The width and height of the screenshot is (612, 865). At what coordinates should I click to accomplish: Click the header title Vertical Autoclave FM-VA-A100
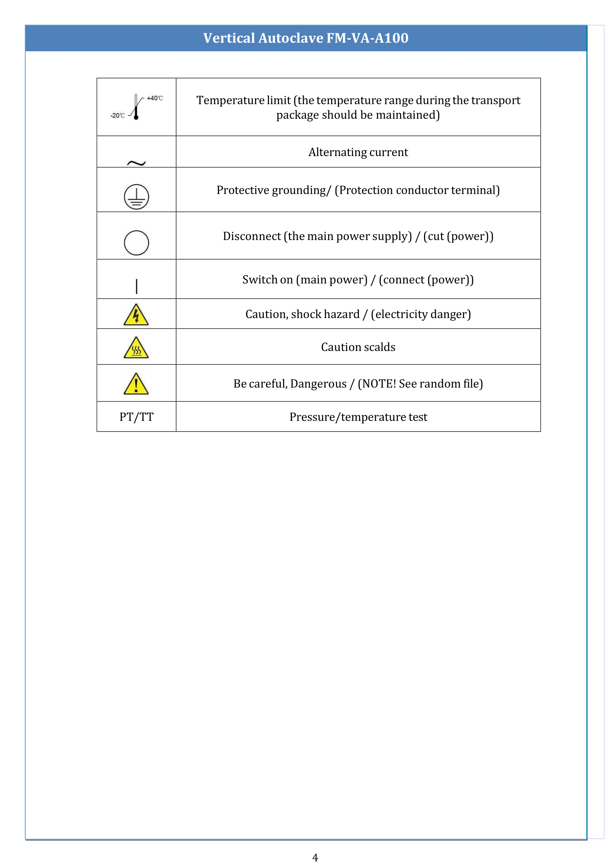click(306, 38)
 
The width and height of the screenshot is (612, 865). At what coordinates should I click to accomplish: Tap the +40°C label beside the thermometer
click(155, 98)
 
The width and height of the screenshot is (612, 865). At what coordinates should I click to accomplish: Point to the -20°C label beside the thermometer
click(118, 116)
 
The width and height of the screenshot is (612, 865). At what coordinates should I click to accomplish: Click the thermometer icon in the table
click(136, 107)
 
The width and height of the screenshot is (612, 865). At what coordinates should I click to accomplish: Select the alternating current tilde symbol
click(136, 163)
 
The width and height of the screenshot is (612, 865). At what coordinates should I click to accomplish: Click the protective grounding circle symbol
click(137, 197)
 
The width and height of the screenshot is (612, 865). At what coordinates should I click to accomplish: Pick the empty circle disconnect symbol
click(137, 243)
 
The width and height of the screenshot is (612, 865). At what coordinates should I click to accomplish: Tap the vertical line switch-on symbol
click(137, 286)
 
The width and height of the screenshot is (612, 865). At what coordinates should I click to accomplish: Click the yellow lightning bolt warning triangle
click(136, 315)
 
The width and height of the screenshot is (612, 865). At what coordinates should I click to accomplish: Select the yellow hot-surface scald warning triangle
click(136, 348)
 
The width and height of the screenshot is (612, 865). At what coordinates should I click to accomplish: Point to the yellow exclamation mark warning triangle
click(136, 385)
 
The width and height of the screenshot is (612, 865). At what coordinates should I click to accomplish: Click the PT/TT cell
click(137, 417)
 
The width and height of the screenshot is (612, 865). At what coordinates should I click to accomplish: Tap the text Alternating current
click(358, 152)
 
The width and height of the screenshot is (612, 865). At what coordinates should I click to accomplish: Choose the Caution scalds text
click(358, 347)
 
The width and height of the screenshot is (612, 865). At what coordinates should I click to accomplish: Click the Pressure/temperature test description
click(358, 417)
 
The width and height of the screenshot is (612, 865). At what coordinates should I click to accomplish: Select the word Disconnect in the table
click(252, 236)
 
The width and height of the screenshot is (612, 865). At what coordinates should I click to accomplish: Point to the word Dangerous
click(318, 384)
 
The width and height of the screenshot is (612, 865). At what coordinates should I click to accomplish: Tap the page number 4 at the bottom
click(315, 858)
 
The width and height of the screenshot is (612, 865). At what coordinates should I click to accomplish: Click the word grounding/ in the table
click(301, 190)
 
